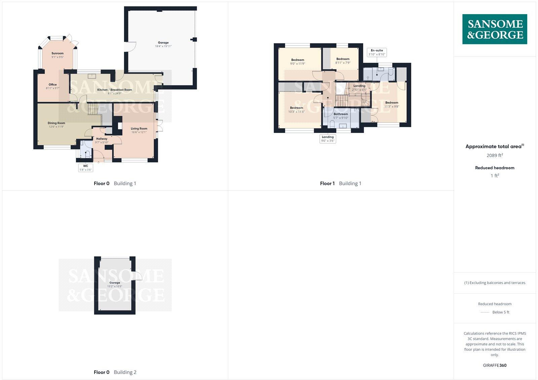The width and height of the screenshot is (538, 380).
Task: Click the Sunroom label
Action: pos(57,53)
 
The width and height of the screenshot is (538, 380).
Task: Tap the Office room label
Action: pos(52,85)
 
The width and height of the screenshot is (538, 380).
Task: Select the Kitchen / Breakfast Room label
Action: pos(115,90)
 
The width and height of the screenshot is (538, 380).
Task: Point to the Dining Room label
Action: pos(56,123)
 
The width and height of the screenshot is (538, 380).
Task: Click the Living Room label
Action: pos(139,128)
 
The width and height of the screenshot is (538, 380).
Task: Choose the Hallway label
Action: pos(102,138)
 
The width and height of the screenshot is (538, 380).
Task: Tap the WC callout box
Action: pos(86,167)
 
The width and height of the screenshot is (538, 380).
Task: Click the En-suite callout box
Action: pos(377,52)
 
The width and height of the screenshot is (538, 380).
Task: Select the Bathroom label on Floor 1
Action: pos(341,114)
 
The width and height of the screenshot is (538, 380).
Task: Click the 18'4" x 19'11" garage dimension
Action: pos(163,46)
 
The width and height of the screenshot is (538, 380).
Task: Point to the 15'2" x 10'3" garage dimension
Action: pos(115,286)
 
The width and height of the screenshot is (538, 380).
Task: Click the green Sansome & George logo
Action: pos(495,29)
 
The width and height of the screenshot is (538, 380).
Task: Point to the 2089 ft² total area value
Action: pos(495,155)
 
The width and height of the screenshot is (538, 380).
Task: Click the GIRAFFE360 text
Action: pos(495,365)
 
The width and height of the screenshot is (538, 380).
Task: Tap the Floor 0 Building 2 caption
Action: pos(115,372)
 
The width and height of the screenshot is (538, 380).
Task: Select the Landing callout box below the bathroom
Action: pos(328,139)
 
